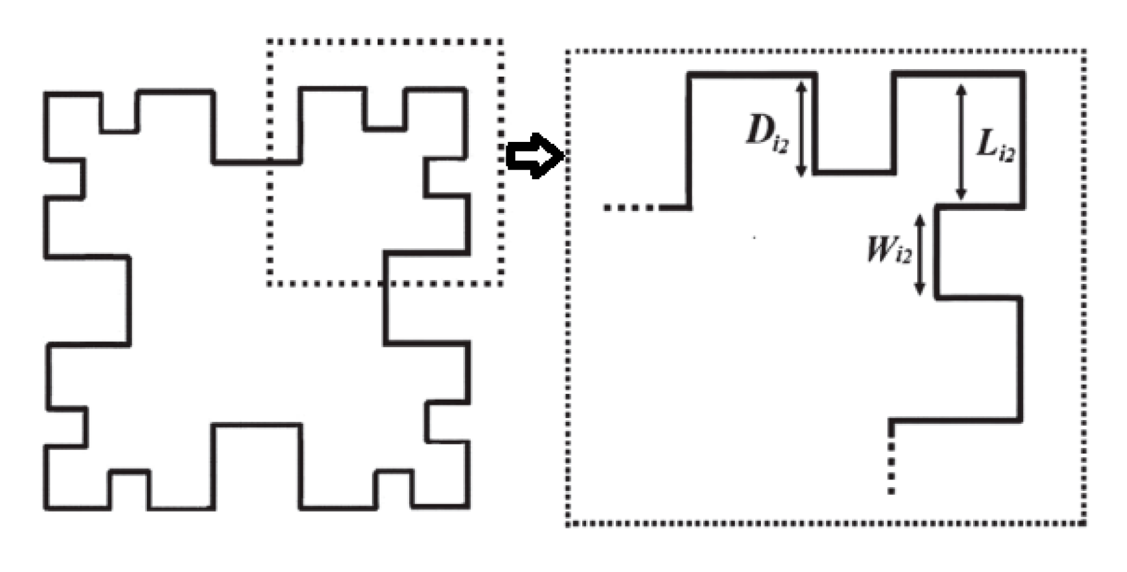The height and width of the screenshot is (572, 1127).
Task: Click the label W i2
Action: pyautogui.click(x=889, y=249)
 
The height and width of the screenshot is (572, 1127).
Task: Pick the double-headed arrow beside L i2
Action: pyautogui.click(x=961, y=142)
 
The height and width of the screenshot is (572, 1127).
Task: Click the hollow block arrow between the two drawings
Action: pyautogui.click(x=534, y=156)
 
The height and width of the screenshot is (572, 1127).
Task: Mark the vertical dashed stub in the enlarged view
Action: pyautogui.click(x=891, y=466)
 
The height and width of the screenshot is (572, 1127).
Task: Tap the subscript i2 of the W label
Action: pyautogui.click(x=903, y=255)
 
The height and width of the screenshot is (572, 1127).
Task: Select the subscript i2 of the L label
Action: pyautogui.click(x=1005, y=154)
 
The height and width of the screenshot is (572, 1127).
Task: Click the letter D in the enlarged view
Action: pyautogui.click(x=759, y=131)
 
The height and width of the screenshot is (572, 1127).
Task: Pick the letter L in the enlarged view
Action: pyautogui.click(x=986, y=143)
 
